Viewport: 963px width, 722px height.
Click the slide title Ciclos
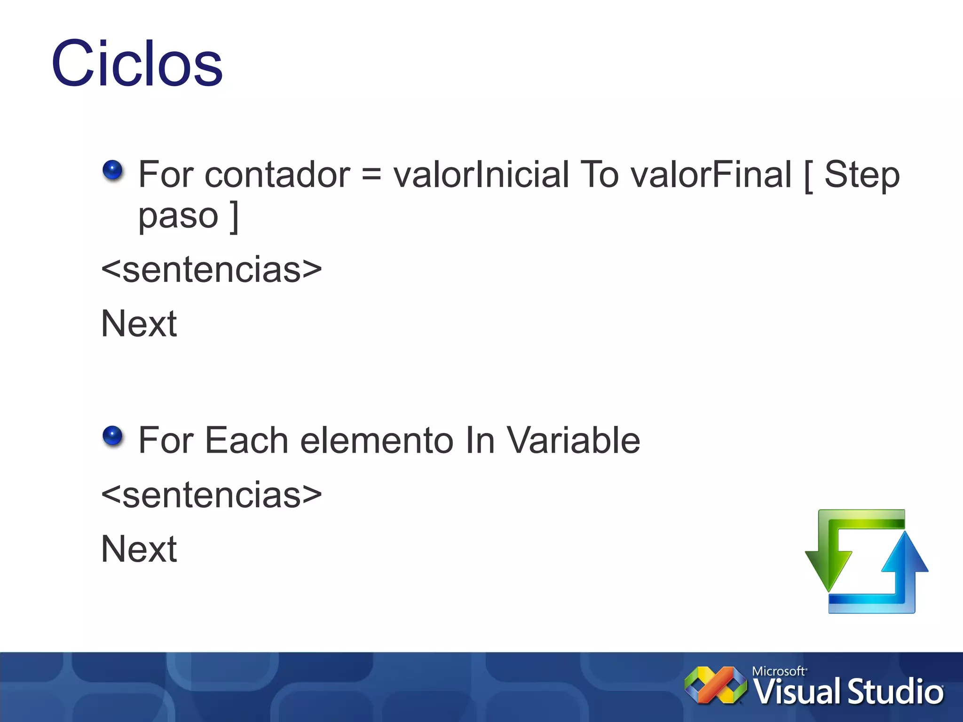(x=136, y=63)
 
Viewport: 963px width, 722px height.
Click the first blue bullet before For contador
(x=112, y=170)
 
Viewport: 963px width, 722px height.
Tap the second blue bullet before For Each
(x=112, y=436)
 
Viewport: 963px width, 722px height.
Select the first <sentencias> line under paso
(x=212, y=270)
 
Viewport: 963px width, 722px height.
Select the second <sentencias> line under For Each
(x=212, y=495)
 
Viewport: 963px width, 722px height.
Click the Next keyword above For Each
(x=139, y=324)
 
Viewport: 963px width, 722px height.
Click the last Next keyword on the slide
(x=139, y=549)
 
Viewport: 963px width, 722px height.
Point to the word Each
(x=246, y=440)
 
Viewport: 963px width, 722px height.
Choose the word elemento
(x=376, y=440)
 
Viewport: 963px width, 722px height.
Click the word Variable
(x=573, y=440)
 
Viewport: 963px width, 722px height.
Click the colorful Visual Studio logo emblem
(x=715, y=685)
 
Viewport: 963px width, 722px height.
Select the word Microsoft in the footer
(x=778, y=671)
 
